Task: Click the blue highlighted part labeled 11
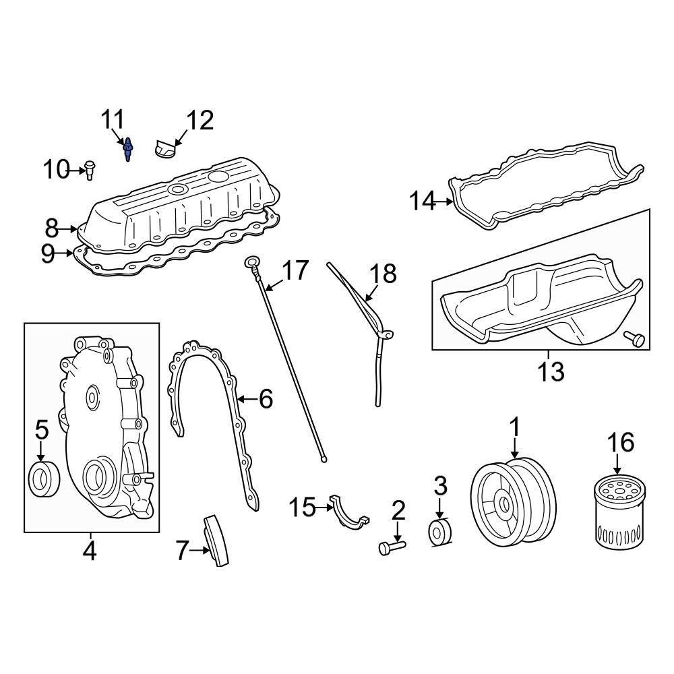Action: pos(127,150)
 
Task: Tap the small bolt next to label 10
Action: pos(90,169)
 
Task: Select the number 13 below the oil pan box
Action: pos(550,371)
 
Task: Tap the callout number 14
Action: pos(424,201)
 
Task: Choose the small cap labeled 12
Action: pos(163,149)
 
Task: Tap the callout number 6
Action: pos(266,400)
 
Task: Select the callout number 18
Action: pos(383,274)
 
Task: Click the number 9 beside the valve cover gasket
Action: pos(47,253)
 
